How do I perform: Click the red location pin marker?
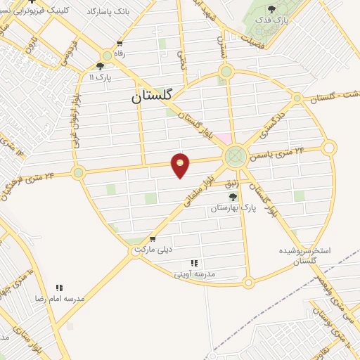click(181, 165)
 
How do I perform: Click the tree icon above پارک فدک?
click(271, 8)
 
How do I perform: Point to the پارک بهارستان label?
click(231, 209)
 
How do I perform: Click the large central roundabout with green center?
click(235, 156)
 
